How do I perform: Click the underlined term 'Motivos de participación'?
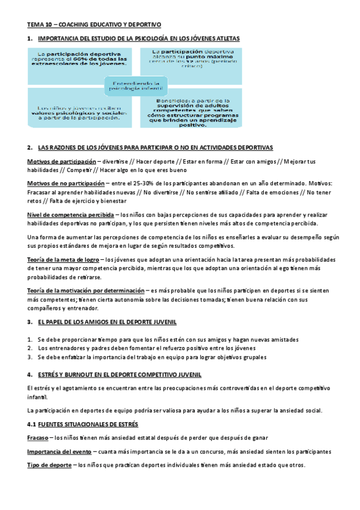61,162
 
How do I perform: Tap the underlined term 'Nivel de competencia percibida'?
70,214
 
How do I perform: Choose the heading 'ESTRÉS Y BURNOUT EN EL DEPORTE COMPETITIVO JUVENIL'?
120,375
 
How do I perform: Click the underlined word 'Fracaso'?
37,438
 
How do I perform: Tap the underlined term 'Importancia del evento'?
59,452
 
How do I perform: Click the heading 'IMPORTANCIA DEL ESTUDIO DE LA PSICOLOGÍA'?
138,38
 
